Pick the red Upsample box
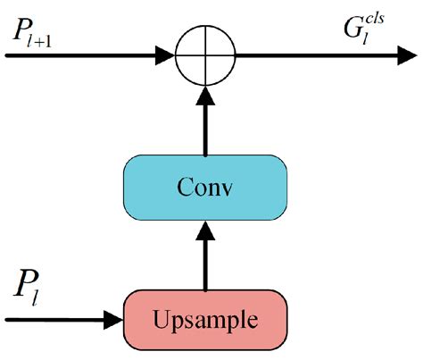tap(206, 317)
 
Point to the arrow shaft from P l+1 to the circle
tap(80, 54)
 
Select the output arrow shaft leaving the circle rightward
tap(303, 54)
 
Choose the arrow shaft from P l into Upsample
tap(54, 317)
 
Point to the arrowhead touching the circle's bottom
tap(206, 96)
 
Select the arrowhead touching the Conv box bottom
tap(206, 231)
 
